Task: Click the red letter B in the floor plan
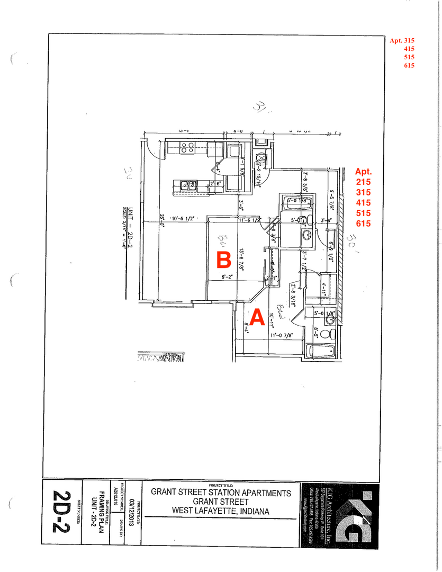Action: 223,260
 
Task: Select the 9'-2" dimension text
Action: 228,276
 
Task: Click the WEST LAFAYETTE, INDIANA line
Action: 221,511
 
